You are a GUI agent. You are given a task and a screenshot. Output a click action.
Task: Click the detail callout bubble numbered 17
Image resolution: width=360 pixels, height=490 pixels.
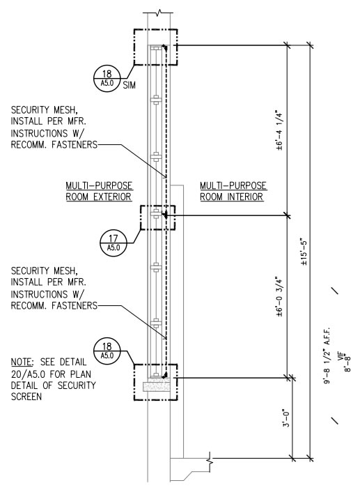tap(114, 243)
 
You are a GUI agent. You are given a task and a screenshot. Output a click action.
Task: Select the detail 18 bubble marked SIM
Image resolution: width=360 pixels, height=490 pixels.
tap(107, 79)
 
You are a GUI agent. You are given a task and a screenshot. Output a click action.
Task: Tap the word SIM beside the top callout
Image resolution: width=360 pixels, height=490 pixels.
tap(130, 85)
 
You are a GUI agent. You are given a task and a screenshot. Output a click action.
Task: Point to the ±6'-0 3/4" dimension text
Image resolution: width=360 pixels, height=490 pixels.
tap(279, 296)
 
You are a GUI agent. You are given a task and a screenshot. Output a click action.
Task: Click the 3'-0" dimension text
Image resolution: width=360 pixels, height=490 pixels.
tap(286, 418)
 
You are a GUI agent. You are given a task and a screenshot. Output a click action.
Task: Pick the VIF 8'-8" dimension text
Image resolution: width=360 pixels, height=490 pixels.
tap(345, 362)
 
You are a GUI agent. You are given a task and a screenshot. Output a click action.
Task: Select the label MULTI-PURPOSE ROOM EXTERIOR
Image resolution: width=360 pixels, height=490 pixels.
tap(99, 191)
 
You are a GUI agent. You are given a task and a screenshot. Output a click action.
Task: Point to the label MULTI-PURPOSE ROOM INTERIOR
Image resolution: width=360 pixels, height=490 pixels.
tap(233, 191)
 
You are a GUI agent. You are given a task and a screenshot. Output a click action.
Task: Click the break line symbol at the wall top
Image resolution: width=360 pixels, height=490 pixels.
tap(159, 13)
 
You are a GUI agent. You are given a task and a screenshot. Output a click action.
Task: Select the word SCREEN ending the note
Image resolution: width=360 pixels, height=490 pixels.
tap(26, 397)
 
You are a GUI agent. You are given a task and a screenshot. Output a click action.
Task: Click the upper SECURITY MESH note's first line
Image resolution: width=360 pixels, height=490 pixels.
tap(44, 110)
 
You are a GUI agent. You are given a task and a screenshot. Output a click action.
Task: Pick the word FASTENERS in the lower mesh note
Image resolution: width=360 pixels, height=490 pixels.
tap(75, 305)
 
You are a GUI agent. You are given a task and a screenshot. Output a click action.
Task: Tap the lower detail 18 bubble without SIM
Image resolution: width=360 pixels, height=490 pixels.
tap(107, 351)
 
